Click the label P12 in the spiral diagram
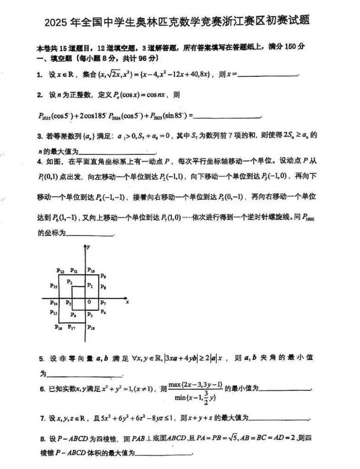[x=60, y=270]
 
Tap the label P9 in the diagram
[x=103, y=276]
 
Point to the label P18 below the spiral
[x=91, y=327]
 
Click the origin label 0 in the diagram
[x=89, y=302]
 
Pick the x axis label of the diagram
[x=127, y=302]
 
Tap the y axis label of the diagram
[x=88, y=247]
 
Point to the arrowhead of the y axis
[x=84, y=246]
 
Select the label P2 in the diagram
[x=70, y=281]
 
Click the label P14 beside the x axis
[x=54, y=304]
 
